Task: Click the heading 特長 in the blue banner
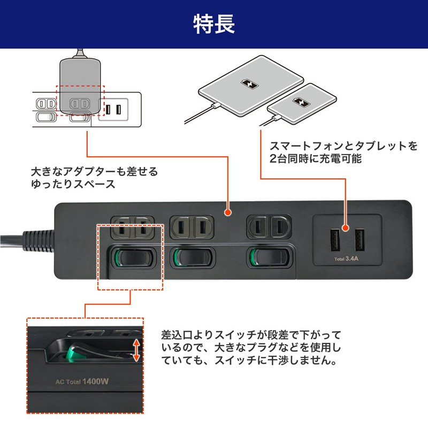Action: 213,24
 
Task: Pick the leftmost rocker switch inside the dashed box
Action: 132,258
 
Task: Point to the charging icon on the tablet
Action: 250,84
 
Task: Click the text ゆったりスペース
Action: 73,185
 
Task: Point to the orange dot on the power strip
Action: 228,213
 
